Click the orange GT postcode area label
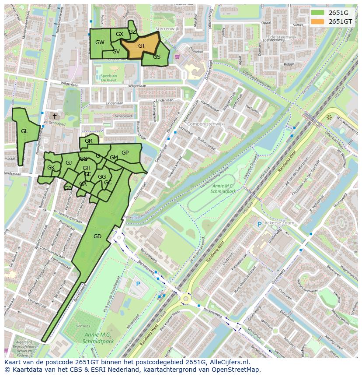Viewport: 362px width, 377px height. click(142, 46)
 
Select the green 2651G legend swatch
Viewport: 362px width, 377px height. click(318, 12)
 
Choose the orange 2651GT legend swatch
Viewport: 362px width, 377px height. click(318, 21)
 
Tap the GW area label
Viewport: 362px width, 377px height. click(100, 42)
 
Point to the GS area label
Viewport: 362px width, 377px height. click(157, 57)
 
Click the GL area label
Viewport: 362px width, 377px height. click(24, 131)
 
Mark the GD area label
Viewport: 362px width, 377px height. click(97, 236)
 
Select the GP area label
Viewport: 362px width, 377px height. click(125, 153)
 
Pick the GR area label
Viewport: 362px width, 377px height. click(89, 141)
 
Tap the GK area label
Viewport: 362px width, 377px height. click(51, 168)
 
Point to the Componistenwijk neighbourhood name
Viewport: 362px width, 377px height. click(205, 124)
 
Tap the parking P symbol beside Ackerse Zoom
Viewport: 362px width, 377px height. click(259, 224)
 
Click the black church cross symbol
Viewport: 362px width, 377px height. click(55, 116)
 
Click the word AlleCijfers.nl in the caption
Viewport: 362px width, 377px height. click(229, 362)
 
